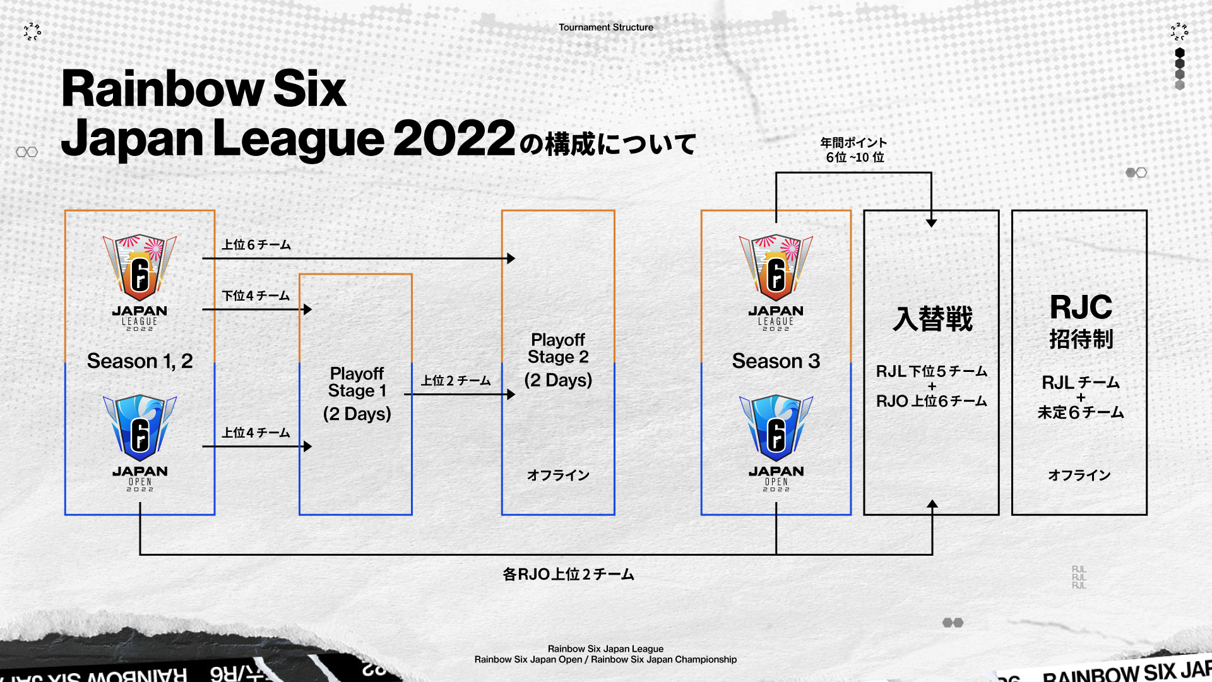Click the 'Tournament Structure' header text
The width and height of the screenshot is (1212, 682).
(605, 27)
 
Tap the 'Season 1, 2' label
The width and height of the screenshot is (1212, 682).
(140, 361)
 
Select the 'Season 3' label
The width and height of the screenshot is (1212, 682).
(776, 361)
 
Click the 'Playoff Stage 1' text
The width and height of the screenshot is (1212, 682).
(357, 382)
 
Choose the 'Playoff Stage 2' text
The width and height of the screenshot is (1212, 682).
(558, 348)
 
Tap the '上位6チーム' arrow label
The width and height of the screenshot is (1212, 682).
(256, 245)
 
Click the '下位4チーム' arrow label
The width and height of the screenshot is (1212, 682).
(256, 296)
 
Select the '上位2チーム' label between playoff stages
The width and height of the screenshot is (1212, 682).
(456, 381)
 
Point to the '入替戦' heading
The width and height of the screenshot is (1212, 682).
(932, 319)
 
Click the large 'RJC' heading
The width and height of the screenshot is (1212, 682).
(1081, 308)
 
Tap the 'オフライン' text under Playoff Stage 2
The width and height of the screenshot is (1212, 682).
(558, 475)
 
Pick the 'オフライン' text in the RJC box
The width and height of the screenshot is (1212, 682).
(1079, 475)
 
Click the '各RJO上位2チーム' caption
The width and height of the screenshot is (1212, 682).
(568, 574)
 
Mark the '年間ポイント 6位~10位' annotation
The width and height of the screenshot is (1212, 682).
(854, 150)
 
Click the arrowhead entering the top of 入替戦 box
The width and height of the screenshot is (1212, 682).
(931, 222)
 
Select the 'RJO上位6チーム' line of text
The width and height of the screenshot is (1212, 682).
(932, 401)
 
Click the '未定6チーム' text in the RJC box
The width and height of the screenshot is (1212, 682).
(1081, 412)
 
